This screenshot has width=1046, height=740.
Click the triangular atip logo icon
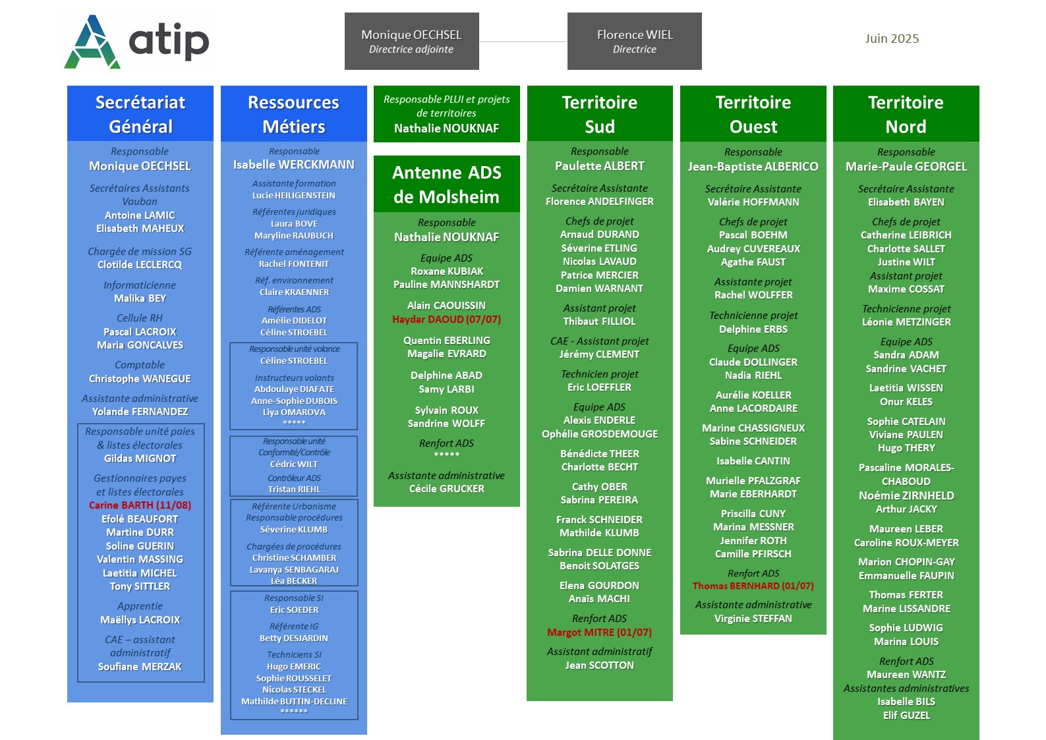point(92,42)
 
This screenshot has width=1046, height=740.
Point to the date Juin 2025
point(891,38)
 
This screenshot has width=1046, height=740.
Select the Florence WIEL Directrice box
point(634,41)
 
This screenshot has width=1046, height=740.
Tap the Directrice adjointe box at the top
point(411,41)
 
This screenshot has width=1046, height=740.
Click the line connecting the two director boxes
point(523,42)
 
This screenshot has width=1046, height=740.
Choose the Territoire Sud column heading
point(600,114)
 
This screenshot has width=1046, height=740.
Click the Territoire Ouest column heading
point(753,114)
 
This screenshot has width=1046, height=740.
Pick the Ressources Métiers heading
point(294,114)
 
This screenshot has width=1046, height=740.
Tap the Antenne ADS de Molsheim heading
point(446,184)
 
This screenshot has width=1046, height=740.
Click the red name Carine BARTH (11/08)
point(140,505)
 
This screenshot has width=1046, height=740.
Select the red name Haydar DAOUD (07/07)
point(446,320)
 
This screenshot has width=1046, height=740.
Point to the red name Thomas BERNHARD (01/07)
point(753,586)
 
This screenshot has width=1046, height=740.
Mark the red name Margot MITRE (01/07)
point(600,632)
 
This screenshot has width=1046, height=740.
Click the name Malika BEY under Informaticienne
point(140,299)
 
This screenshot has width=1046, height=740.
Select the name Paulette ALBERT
point(600,166)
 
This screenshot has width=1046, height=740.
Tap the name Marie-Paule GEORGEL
point(906,167)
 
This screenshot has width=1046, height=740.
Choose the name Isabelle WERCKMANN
point(294,164)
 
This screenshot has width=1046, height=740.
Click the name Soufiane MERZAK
point(140,667)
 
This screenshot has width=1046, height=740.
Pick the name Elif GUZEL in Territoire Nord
point(906,715)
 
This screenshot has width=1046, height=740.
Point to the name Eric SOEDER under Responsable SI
point(294,610)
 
